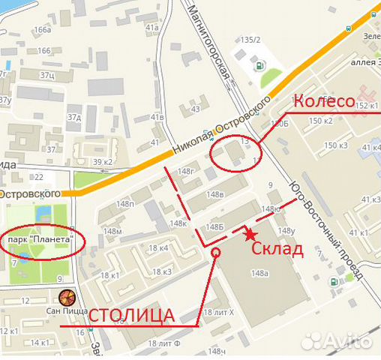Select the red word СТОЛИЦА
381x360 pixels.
coord(132,314)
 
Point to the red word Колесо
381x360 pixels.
coord(323,101)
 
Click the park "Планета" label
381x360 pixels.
coord(42,239)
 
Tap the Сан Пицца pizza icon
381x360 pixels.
coord(67,295)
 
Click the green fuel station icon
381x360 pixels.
coord(260,64)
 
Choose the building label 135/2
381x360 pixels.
coord(250,40)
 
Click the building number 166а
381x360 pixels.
coord(42,30)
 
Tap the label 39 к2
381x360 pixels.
coord(103,161)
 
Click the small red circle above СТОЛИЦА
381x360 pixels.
coord(216,253)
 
